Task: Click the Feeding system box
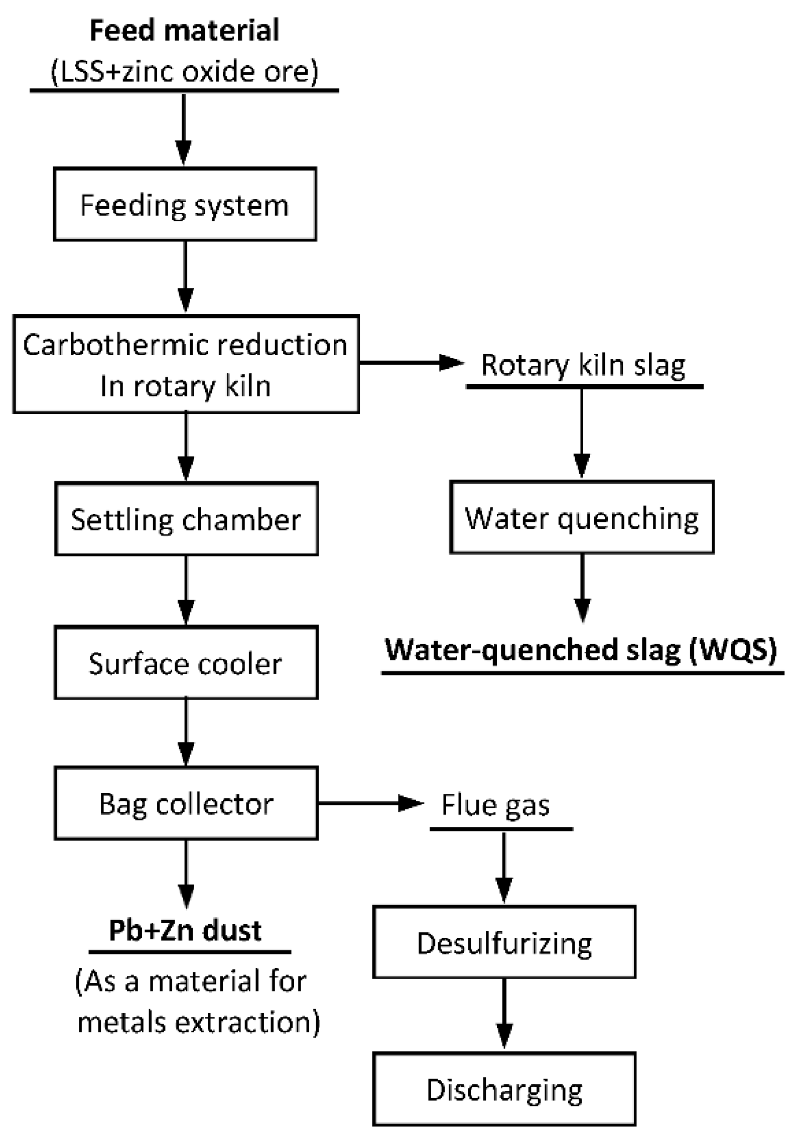pyautogui.click(x=185, y=204)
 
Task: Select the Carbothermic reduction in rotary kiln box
pyautogui.click(x=185, y=364)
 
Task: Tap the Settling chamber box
pyautogui.click(x=186, y=519)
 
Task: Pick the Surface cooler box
pyautogui.click(x=186, y=663)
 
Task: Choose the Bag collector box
pyautogui.click(x=186, y=803)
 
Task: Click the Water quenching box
pyautogui.click(x=581, y=517)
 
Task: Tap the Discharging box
pyautogui.click(x=504, y=1089)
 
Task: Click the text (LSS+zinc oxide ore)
pyautogui.click(x=184, y=71)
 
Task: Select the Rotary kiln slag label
pyautogui.click(x=583, y=365)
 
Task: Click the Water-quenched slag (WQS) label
pyautogui.click(x=581, y=649)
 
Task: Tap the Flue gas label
pyautogui.click(x=495, y=805)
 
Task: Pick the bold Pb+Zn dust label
pyautogui.click(x=185, y=931)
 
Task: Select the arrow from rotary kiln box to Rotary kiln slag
pyautogui.click(x=411, y=362)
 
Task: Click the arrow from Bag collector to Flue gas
pyautogui.click(x=370, y=803)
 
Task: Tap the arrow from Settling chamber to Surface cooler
pyautogui.click(x=186, y=590)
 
